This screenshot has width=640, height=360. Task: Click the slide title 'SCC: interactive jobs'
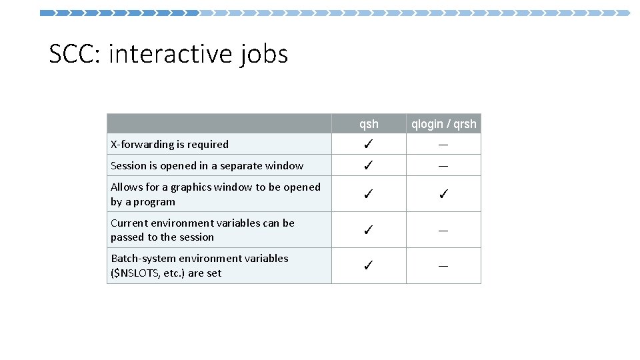[169, 53]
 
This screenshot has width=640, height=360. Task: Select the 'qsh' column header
[369, 124]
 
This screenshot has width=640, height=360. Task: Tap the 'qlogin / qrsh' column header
[443, 124]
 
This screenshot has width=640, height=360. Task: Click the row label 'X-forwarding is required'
[169, 145]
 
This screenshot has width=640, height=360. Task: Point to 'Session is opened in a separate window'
[207, 166]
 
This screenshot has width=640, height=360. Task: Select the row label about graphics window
[215, 194]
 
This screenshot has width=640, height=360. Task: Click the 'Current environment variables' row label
[202, 230]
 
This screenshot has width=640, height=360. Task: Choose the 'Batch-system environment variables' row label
[199, 265]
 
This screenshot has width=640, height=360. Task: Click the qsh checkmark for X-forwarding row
[369, 145]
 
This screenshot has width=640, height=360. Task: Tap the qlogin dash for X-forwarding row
[443, 145]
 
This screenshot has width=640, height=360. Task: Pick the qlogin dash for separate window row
[443, 166]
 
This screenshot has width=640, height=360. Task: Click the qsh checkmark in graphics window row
[369, 195]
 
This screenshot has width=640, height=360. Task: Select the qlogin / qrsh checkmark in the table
[443, 195]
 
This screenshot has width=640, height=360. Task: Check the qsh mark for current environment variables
[369, 230]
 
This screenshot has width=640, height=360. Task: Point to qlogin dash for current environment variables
[443, 230]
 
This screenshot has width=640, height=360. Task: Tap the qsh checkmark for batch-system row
[369, 266]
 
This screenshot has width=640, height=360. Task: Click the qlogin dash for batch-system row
[443, 266]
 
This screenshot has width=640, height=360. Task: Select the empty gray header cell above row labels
[219, 124]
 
